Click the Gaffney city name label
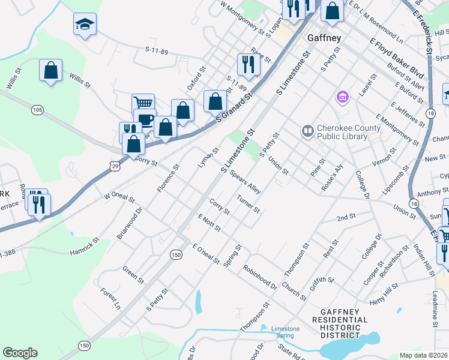point(324,38)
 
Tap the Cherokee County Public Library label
point(349,132)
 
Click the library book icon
point(307,130)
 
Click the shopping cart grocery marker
point(143,103)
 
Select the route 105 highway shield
point(38,110)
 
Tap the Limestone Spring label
point(285,332)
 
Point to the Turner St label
point(248,204)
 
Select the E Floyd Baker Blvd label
point(397,59)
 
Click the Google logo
point(20,353)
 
